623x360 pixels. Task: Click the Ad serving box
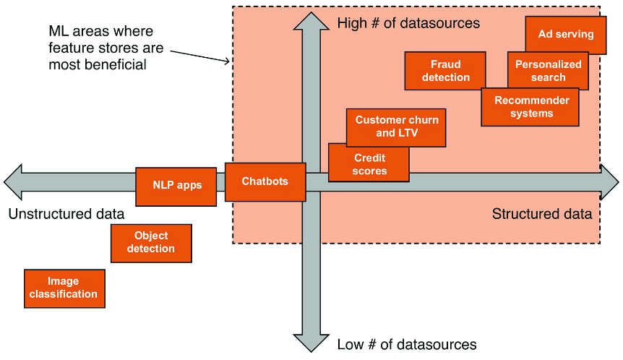pos(566,35)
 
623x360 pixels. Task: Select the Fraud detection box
pos(445,71)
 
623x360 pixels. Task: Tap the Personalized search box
pos(548,71)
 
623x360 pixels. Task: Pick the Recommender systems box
pos(530,107)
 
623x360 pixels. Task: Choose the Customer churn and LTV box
pos(396,127)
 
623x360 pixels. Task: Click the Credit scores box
pos(369,163)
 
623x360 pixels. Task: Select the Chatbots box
pos(265,181)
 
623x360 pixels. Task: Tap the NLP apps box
pos(176,187)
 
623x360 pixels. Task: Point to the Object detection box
pos(151,243)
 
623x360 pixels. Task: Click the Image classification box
pos(65,288)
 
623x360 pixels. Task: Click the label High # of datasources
pos(408,23)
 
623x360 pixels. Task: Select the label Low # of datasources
pos(407,344)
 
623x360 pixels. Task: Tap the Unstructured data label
pos(66,214)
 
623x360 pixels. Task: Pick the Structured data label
pos(542,214)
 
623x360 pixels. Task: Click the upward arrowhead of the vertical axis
pos(311,21)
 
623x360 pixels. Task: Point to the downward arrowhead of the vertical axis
pos(311,343)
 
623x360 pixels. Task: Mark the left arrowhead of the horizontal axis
pos(13,182)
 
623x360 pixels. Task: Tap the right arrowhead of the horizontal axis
pos(609,182)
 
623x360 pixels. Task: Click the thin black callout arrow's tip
pos(230,61)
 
